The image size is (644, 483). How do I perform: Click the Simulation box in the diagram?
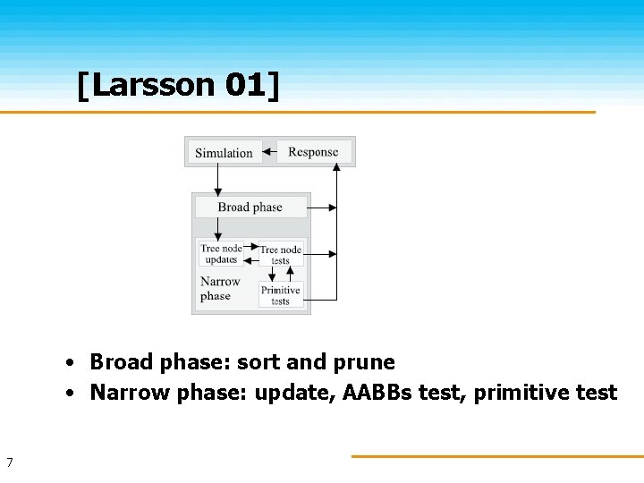point(224,153)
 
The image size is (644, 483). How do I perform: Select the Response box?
point(313,152)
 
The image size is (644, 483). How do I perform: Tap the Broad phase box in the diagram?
point(250,208)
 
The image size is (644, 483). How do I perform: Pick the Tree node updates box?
point(220,254)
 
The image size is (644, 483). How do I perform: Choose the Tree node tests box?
point(281,255)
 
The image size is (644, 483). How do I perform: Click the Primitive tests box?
point(281,295)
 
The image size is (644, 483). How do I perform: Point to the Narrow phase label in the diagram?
point(220,289)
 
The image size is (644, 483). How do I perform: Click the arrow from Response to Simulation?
point(269,152)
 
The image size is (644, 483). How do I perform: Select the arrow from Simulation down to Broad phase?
point(217,180)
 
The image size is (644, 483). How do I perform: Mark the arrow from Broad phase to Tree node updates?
point(217,229)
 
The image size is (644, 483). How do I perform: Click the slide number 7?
point(9,462)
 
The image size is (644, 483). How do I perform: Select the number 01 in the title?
point(242,86)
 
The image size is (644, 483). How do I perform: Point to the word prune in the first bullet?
point(364,362)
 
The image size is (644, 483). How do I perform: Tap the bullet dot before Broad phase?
point(68,363)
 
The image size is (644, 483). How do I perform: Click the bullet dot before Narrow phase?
point(68,394)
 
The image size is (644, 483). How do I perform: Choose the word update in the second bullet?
point(292,393)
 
